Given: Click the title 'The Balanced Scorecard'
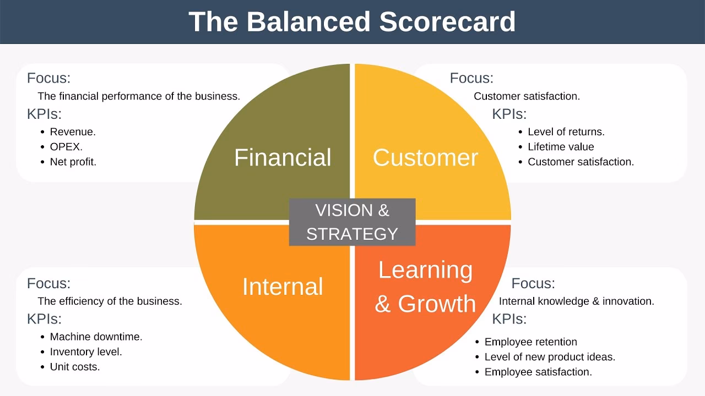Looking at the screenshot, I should [x=352, y=22].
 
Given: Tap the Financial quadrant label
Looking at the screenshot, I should [x=283, y=157].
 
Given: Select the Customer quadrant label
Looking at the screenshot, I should [x=425, y=157].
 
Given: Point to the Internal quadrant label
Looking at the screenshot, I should [x=283, y=287].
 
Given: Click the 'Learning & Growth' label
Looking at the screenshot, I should [x=425, y=287].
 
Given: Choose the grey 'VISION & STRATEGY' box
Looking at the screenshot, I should [x=352, y=222].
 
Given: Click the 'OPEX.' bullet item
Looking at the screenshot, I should [x=66, y=147].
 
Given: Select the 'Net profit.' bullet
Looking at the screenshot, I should [x=73, y=162].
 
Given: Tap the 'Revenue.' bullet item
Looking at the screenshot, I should [x=73, y=132].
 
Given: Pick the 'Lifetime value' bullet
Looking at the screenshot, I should [x=561, y=147].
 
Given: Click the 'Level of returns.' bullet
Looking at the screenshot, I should [x=566, y=132].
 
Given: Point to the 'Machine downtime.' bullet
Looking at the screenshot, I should [x=96, y=337].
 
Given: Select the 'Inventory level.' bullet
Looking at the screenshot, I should [x=86, y=351].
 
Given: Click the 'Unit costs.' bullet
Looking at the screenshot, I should [x=75, y=367].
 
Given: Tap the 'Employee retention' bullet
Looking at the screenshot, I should [x=530, y=342].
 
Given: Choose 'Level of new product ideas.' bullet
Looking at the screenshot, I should [x=550, y=357].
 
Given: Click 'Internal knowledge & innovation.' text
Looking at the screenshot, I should [x=576, y=301].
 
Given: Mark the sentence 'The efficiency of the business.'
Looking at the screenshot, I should [x=110, y=301].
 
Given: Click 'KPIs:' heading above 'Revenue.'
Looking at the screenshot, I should [x=44, y=114].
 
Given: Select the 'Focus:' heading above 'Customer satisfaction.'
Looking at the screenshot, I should [x=471, y=78].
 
